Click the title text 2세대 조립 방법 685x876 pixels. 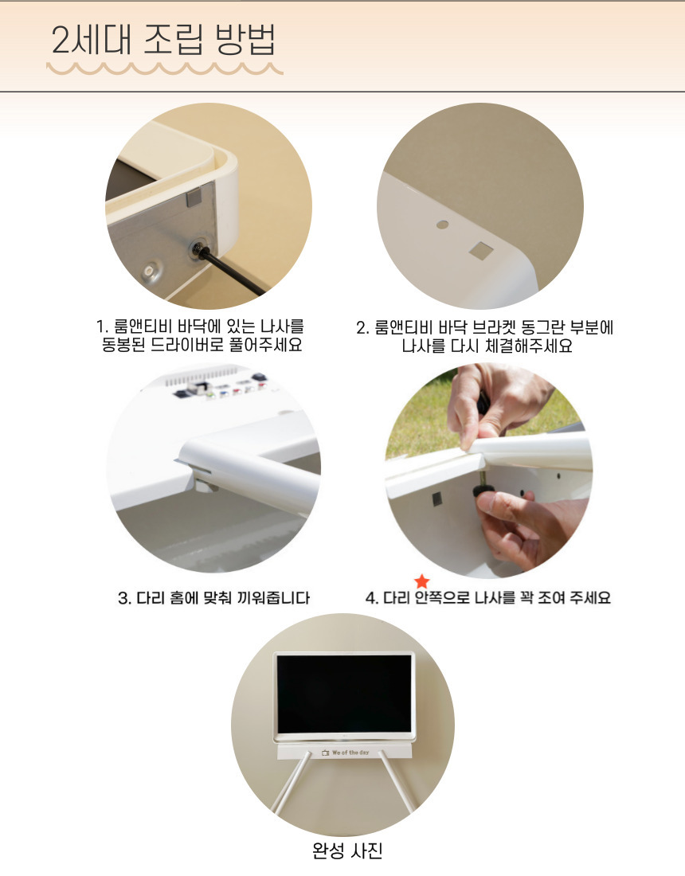pyautogui.click(x=163, y=40)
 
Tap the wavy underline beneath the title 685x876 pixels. pyautogui.click(x=165, y=68)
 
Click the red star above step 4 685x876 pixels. pyautogui.click(x=422, y=581)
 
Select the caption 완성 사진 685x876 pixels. pyautogui.click(x=347, y=851)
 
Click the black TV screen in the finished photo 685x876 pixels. pyautogui.click(x=344, y=694)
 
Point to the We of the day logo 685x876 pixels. pyautogui.click(x=346, y=753)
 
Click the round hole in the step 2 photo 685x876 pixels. pyautogui.click(x=442, y=225)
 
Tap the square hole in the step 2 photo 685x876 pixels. pyautogui.click(x=481, y=250)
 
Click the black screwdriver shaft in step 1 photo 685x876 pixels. pyautogui.click(x=233, y=272)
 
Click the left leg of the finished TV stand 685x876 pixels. pyautogui.click(x=290, y=782)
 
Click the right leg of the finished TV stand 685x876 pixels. pyautogui.click(x=397, y=782)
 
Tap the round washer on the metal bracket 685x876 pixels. pyautogui.click(x=149, y=272)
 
